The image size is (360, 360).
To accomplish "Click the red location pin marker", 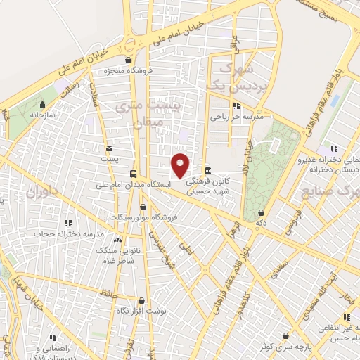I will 181,165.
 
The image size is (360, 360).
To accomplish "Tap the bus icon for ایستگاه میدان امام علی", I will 133,174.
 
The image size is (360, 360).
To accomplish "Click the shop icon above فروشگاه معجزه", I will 127,60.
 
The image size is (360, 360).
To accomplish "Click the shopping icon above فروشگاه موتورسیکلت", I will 144,207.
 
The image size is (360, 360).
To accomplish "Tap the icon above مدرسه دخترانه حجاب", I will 68,223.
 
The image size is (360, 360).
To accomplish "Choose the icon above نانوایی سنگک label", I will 117,240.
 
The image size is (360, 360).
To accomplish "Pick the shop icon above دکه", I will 261,212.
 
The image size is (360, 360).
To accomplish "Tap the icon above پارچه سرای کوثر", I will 285,336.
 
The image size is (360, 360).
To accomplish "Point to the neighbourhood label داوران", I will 37,190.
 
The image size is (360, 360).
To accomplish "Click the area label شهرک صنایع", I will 330,191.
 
